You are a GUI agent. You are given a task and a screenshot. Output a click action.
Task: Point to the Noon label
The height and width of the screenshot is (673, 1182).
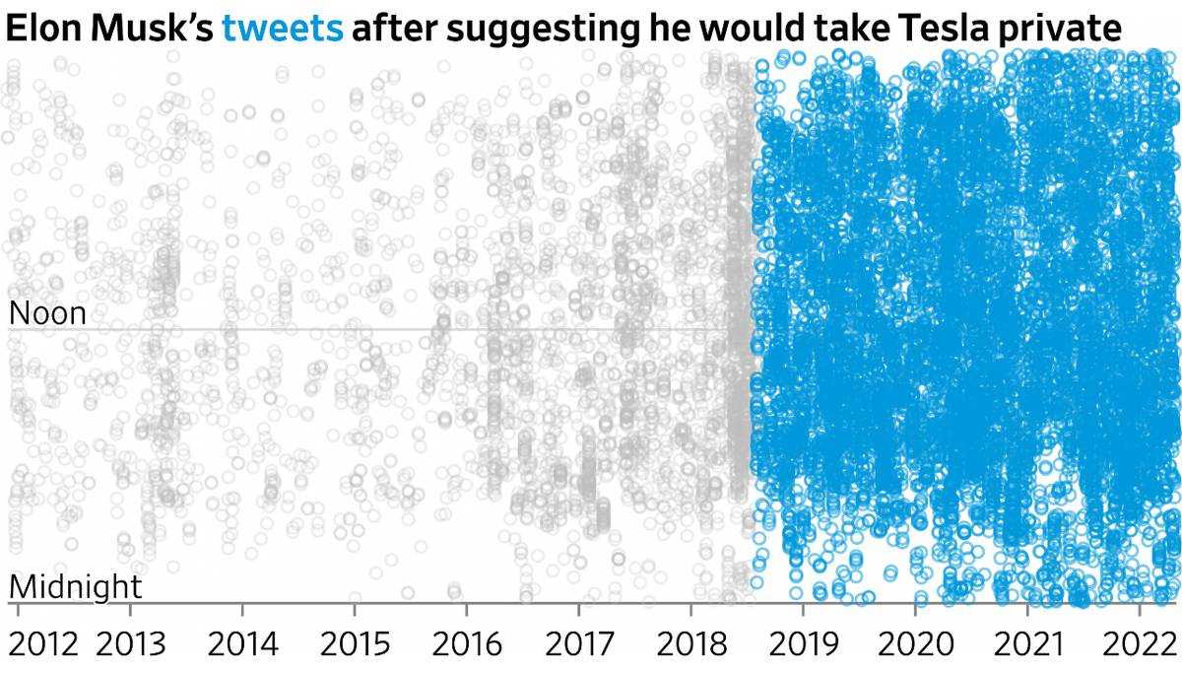[47, 314]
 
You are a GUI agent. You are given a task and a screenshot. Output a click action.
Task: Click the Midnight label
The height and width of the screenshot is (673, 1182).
[76, 588]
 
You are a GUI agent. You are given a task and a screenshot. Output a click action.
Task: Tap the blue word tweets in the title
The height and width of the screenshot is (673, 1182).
[283, 29]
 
